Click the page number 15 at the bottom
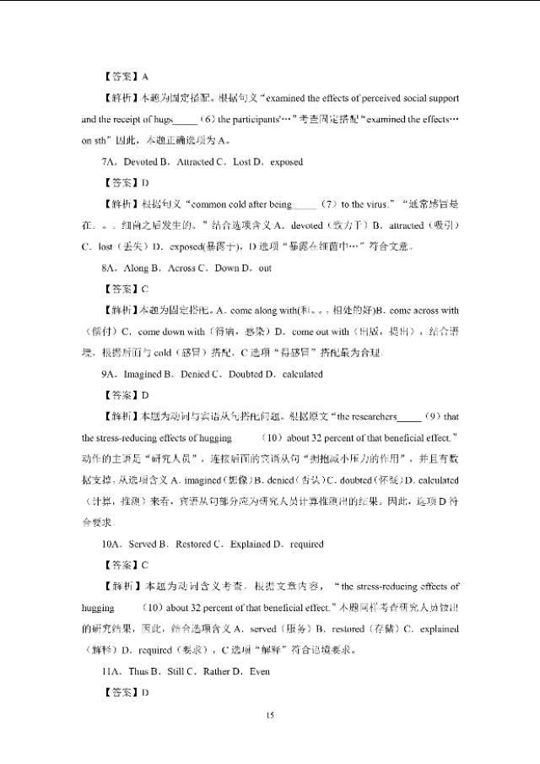pyautogui.click(x=270, y=716)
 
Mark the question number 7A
pyautogui.click(x=107, y=161)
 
